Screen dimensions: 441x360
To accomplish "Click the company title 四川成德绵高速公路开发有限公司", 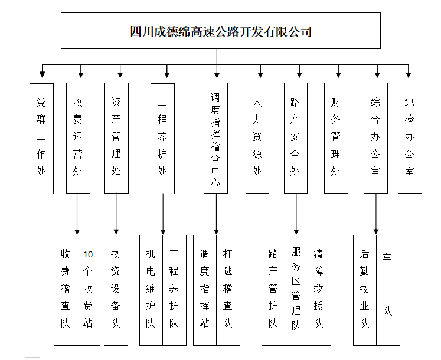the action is (221, 31).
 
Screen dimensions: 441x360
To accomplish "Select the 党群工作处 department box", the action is (42, 138).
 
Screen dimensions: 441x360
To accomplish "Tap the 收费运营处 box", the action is (78, 138).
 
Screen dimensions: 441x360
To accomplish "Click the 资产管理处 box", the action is (116, 138).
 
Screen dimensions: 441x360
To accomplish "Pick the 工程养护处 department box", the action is (162, 138).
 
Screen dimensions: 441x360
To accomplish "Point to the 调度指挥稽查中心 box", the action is (215, 138).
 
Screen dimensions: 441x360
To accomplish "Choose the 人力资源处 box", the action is (257, 138).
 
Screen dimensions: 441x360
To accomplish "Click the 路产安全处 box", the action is (296, 138).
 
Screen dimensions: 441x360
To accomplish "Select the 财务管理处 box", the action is (336, 138).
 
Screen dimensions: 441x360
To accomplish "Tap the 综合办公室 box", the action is (375, 138).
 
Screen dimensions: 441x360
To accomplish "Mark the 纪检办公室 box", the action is (410, 138).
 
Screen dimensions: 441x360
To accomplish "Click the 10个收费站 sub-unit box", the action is (89, 290).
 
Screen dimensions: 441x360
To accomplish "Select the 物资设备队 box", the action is (116, 290).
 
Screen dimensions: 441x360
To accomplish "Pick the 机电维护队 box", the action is (151, 290).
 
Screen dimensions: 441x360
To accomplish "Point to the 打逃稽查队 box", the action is (228, 290).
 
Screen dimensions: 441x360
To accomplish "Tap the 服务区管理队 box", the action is (296, 290).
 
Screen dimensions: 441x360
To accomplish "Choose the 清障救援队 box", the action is (319, 290).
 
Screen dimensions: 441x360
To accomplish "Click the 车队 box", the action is (388, 290).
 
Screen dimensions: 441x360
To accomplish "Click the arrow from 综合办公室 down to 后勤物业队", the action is (376, 214).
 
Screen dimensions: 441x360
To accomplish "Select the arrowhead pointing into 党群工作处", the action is (42, 74).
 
